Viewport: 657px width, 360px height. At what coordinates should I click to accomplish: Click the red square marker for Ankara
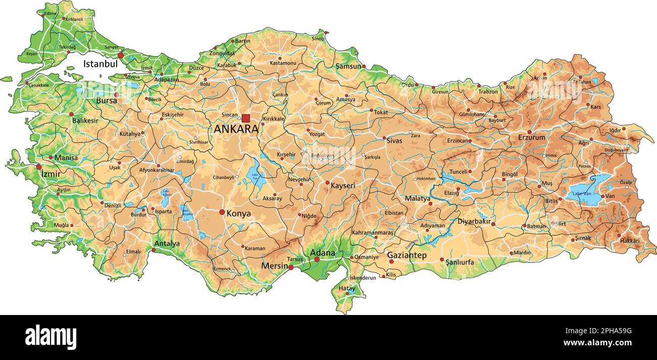246,118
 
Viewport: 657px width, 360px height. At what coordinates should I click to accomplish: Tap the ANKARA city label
236,129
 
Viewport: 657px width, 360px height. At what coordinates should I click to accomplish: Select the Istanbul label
101,64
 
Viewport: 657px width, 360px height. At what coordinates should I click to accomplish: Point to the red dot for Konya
222,212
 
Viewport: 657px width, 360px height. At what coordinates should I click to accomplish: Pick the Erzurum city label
531,138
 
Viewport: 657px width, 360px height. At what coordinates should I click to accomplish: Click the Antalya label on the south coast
167,244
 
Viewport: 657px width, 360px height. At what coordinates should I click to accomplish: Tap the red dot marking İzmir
39,167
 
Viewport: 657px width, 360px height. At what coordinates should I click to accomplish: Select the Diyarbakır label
474,221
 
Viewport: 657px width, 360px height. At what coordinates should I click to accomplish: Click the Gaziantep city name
407,256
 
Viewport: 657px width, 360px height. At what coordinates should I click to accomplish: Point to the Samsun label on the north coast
349,66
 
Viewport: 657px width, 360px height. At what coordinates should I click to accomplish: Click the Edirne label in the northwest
51,13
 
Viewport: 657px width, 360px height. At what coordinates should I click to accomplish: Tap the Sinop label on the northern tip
318,38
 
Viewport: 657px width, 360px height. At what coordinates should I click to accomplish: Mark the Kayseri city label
343,186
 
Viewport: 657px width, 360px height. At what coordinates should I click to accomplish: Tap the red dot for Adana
317,259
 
